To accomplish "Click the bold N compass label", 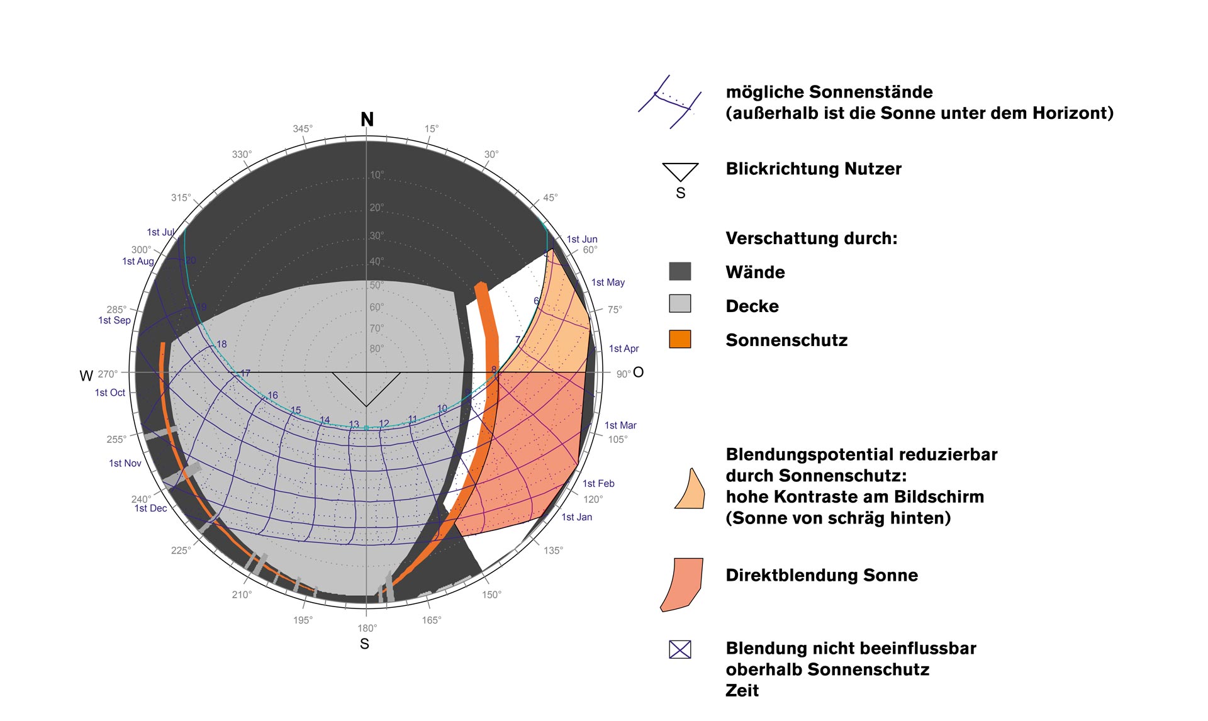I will click(367, 120).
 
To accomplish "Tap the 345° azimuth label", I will click(303, 129).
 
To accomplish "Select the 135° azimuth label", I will click(553, 551).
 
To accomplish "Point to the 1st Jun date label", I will click(582, 239).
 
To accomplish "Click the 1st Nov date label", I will click(125, 463).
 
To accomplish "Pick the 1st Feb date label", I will click(598, 483).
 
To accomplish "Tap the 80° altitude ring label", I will click(376, 349).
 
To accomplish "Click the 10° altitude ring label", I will click(376, 175).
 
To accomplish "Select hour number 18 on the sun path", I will click(221, 344).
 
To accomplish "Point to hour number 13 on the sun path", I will click(354, 425).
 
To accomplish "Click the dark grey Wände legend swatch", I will click(679, 271).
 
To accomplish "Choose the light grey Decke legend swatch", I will click(679, 304).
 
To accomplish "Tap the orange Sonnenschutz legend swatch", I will click(679, 339).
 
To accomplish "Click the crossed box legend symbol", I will click(679, 649).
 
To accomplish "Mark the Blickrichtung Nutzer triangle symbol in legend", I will click(680, 171).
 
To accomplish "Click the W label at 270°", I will click(86, 376).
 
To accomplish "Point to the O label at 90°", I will click(638, 372).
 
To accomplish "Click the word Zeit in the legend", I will click(742, 690).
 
